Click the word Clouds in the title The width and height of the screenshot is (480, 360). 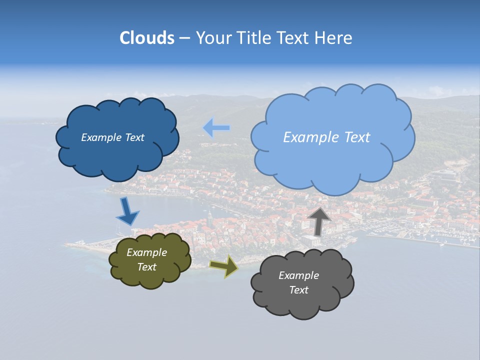click(146, 38)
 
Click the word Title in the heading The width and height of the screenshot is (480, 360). click(252, 38)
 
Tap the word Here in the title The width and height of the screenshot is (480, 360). click(334, 38)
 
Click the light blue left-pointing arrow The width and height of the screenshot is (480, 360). click(216, 128)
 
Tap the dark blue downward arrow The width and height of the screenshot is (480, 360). click(127, 212)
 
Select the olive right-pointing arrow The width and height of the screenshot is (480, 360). click(223, 266)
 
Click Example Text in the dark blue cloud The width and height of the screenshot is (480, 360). click(112, 137)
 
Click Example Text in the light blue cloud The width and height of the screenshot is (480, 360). click(326, 137)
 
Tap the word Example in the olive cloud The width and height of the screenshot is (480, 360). click(146, 253)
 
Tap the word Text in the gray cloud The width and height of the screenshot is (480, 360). click(298, 290)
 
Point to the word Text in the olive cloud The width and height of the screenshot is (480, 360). click(146, 267)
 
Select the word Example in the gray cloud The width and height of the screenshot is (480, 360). click(298, 275)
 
